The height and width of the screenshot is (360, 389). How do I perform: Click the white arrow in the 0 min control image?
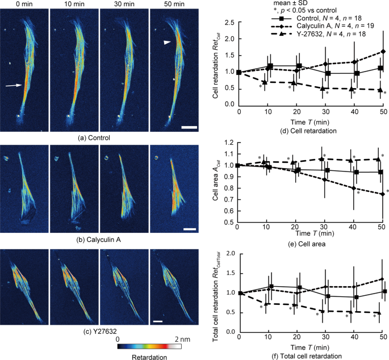(16, 85)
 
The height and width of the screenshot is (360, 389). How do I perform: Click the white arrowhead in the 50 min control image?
(165, 43)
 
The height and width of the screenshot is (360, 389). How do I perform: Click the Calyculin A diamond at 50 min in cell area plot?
(383, 194)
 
